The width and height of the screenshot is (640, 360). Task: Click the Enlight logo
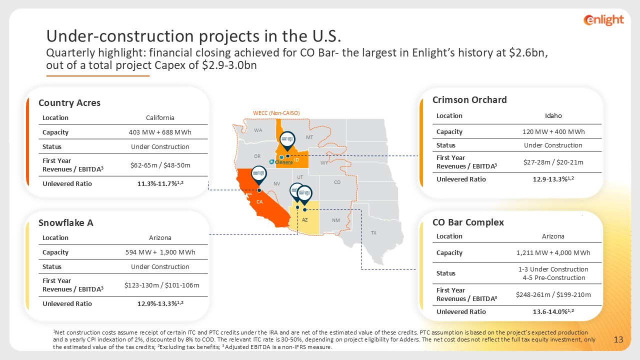[603, 20]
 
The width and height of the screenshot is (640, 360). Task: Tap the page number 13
[618, 339]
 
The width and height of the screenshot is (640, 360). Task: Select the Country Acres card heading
[69, 103]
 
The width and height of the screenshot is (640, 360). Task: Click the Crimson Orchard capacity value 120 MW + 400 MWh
[553, 131]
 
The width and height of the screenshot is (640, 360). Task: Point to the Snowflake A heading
[65, 223]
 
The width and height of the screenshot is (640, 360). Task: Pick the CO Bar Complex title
[468, 222]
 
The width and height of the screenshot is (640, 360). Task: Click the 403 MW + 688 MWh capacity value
[160, 132]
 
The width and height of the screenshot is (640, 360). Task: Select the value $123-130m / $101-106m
[161, 285]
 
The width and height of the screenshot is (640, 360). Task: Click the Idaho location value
[553, 115]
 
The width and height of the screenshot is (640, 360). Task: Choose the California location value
[160, 117]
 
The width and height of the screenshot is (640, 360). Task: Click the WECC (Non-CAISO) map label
[276, 113]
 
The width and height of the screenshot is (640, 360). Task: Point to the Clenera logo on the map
[281, 162]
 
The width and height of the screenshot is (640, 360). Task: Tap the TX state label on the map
[373, 233]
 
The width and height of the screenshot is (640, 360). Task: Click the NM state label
[336, 220]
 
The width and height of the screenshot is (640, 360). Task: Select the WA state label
[258, 130]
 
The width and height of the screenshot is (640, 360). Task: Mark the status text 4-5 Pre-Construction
[553, 277]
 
